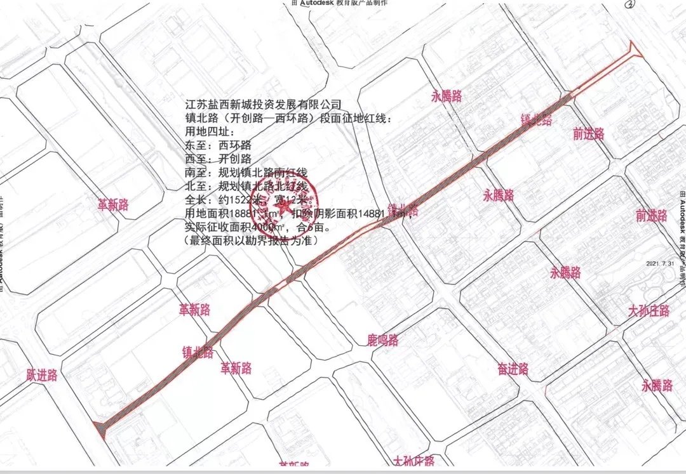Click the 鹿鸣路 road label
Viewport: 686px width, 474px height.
383,340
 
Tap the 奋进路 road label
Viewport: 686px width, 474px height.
513,369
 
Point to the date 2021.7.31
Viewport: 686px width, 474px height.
661,263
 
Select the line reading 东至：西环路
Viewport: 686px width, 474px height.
217,145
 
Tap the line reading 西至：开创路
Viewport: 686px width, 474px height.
217,159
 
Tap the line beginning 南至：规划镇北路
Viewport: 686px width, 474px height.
245,173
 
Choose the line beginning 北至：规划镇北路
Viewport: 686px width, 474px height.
245,187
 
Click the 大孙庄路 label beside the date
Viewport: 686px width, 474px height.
649,311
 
